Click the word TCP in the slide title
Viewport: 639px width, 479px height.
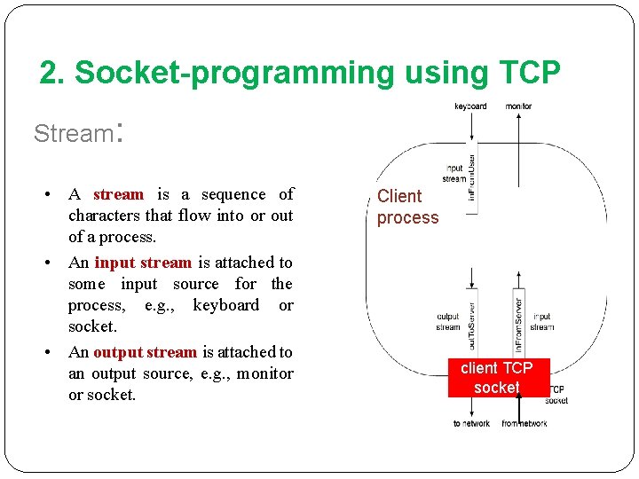(527, 74)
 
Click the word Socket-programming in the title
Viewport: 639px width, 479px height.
(235, 74)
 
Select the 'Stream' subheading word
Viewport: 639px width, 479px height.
(72, 134)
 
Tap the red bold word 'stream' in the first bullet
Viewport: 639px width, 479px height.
(118, 194)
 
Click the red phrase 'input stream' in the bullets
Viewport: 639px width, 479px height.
(143, 263)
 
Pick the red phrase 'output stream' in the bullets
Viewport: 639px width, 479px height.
(145, 352)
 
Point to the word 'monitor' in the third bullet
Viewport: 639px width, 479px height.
(264, 373)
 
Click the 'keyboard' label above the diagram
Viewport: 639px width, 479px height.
(470, 106)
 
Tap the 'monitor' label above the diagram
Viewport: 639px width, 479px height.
(518, 106)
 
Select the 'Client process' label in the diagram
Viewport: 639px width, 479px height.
(407, 207)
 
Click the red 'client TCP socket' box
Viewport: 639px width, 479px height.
(497, 377)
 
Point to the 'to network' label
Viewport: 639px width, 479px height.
(471, 424)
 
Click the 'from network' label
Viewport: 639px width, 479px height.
(524, 424)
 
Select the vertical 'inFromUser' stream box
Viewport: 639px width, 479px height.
(472, 177)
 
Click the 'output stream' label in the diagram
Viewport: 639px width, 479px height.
(448, 321)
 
